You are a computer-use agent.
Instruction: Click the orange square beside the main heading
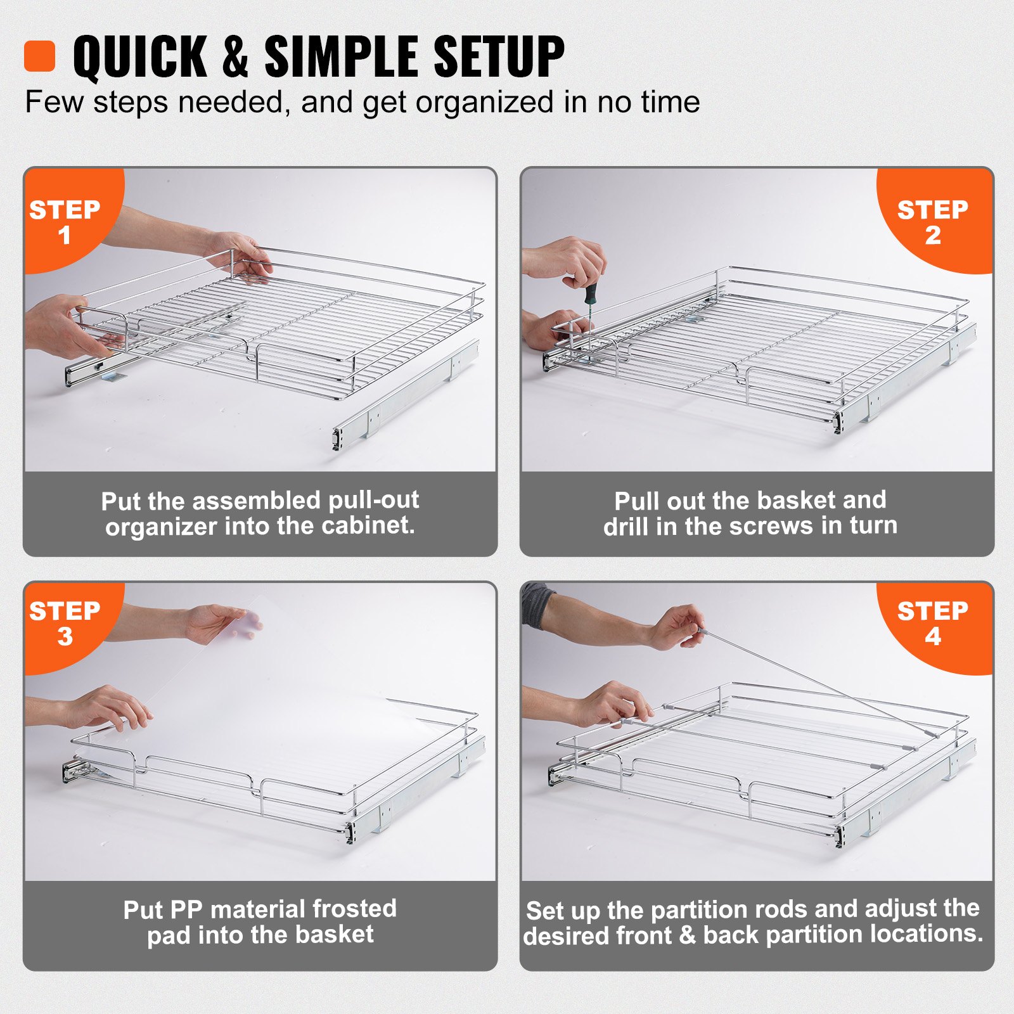point(39,56)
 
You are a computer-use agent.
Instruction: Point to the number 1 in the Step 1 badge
point(64,236)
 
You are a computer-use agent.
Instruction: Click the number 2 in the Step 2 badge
point(932,236)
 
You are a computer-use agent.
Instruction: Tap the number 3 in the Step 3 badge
point(65,637)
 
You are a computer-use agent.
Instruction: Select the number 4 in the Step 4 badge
point(932,637)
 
